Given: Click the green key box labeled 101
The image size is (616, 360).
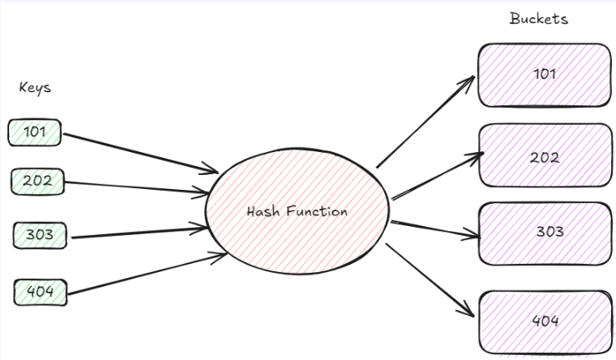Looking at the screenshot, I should pos(35,132).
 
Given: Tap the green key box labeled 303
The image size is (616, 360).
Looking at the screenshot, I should pos(39,235).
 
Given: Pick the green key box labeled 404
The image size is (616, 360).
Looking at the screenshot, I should pos(40,291).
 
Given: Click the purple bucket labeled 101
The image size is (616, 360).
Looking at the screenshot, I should pos(544,75).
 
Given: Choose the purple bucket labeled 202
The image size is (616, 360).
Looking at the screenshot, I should pos(544,156).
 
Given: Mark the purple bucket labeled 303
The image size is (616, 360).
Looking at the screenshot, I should pos(544,233).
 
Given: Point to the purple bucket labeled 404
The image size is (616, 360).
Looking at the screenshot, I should pos(544,321).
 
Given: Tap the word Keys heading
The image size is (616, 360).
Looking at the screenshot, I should pos(35,87).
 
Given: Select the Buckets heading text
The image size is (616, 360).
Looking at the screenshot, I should pos(539,18).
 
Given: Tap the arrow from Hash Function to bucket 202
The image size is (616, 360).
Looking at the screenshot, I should pos(436,176).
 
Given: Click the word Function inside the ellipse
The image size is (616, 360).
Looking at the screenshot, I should pos(317,211).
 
